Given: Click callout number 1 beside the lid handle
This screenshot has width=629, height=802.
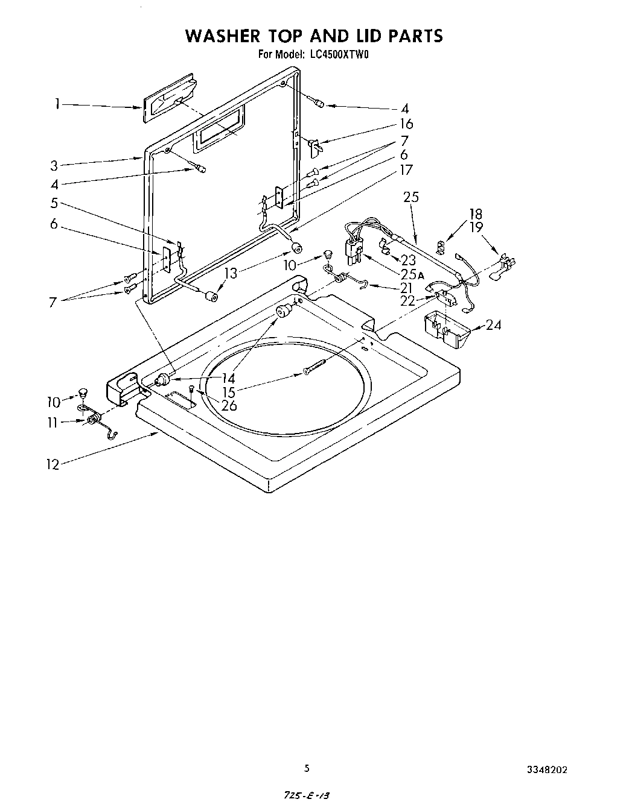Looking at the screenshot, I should tap(56, 105).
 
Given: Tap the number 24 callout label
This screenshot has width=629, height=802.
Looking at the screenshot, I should tap(493, 326).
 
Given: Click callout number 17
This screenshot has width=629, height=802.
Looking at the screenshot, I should tap(406, 170).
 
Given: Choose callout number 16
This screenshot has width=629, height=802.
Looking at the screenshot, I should tap(406, 124).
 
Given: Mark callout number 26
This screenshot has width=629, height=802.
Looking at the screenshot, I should tap(229, 405).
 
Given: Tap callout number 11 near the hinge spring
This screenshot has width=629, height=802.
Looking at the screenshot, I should tap(53, 423).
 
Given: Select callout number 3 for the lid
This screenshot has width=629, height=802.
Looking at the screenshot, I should tap(54, 165).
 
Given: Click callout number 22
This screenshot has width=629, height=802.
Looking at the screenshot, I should tap(408, 300).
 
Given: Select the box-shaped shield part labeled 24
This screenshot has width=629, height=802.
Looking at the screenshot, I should tap(445, 330).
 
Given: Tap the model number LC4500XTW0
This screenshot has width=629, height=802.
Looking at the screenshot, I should tap(339, 55).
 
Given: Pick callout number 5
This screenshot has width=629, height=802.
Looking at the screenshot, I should tap(54, 203).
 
